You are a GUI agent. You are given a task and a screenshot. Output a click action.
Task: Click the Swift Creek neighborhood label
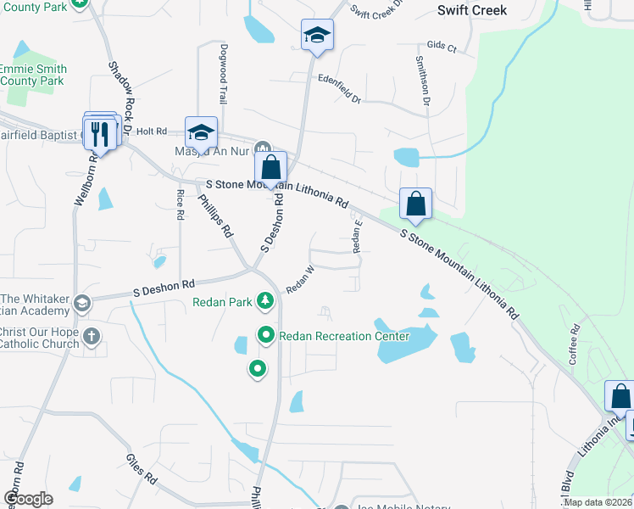tap(471, 10)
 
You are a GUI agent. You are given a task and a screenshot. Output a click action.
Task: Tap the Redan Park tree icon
tap(266, 300)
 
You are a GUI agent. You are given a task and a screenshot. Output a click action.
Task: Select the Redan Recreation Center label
tap(344, 337)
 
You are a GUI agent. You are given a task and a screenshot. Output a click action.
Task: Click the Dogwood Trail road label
tap(224, 74)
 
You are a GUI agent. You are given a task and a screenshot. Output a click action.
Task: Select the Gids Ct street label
tap(442, 46)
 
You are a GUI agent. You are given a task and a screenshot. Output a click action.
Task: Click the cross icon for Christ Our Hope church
tap(92, 338)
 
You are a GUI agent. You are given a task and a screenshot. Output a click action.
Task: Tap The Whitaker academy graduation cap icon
tap(82, 304)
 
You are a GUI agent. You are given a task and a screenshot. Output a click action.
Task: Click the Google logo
tap(27, 499)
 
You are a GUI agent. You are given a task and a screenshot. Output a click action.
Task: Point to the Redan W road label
tap(300, 281)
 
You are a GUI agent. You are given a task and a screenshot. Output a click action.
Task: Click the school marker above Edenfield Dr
tap(317, 35)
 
